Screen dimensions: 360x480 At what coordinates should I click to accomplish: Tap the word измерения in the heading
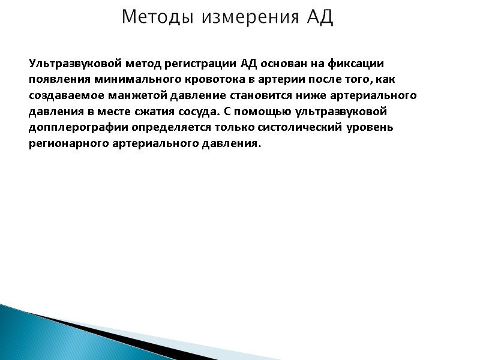tap(250, 17)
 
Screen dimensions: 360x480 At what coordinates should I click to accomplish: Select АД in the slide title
tap(319, 17)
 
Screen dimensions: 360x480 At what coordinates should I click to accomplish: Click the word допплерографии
tap(70, 128)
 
